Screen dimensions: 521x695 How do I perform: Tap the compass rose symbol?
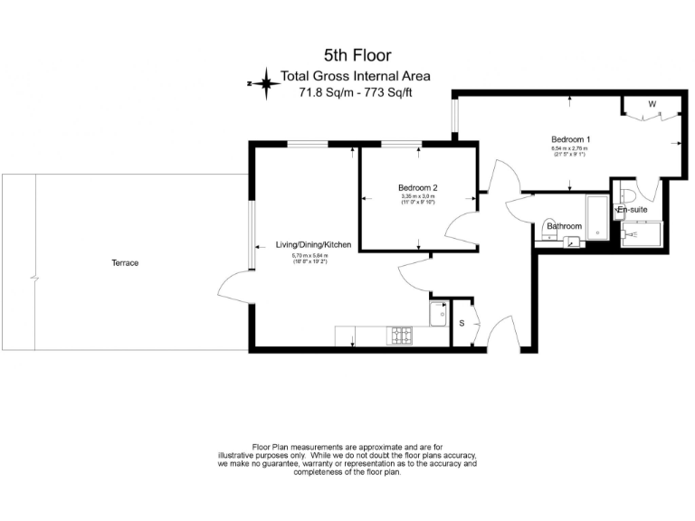coord(265,84)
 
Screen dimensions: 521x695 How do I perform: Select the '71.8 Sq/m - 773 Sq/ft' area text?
coord(358,91)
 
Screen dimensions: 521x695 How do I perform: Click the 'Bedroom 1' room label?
coord(570,139)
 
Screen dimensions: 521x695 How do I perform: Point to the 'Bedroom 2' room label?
coord(417,187)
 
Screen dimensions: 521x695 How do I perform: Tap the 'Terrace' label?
coord(125,263)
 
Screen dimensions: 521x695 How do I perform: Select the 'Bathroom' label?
coord(563,226)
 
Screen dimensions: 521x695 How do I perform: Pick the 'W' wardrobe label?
coord(651,104)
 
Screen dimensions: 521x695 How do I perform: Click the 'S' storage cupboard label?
coord(462,323)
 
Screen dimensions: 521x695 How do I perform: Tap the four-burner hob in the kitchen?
coord(399,336)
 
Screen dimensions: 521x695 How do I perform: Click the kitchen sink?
coord(437,316)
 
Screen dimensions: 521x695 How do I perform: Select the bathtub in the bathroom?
coord(598,217)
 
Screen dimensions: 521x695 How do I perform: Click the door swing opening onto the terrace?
coord(233,289)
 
